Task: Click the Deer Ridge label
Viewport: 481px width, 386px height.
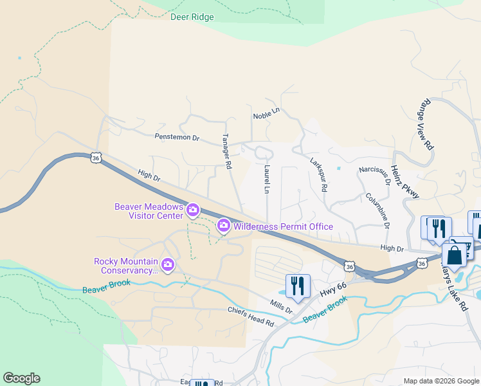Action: (192, 17)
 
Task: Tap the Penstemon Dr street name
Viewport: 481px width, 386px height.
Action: (177, 137)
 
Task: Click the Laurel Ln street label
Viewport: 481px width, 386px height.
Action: (266, 179)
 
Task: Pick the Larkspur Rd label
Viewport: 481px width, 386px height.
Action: (319, 175)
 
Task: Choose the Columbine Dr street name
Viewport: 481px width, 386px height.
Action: (377, 210)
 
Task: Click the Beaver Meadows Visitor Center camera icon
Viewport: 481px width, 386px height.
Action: (192, 210)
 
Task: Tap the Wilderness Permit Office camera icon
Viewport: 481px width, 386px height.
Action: (224, 225)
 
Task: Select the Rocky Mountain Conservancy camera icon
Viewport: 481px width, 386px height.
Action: (168, 264)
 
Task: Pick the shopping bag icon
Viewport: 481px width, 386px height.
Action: (454, 254)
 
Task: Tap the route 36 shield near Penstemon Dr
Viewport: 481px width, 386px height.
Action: (96, 158)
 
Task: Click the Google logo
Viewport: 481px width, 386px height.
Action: (21, 378)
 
